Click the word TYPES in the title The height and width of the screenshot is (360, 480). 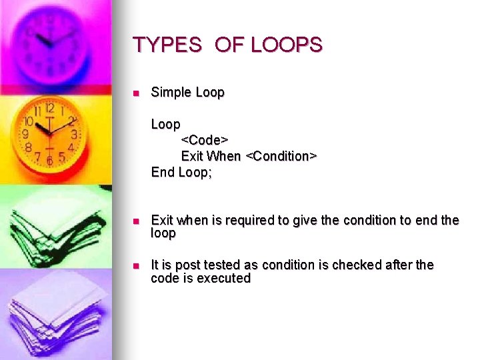[167, 45]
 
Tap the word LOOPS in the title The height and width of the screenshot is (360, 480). [286, 45]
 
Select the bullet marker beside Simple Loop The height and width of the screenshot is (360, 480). [135, 93]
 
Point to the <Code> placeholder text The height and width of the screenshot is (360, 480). [205, 140]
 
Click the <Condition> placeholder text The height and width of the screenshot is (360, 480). [281, 156]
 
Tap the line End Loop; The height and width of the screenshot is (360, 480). [181, 172]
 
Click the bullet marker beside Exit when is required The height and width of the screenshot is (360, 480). [135, 221]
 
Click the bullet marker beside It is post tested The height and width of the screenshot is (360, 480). [135, 266]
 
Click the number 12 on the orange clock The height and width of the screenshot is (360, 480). [49, 107]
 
